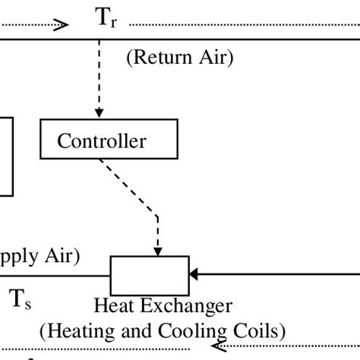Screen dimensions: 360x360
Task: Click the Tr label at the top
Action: click(106, 20)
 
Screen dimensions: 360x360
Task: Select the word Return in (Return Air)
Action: click(155, 58)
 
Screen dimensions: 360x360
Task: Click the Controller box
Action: click(109, 140)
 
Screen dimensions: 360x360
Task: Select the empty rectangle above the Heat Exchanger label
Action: click(150, 275)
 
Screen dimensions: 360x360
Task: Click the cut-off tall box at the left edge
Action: click(6, 156)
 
